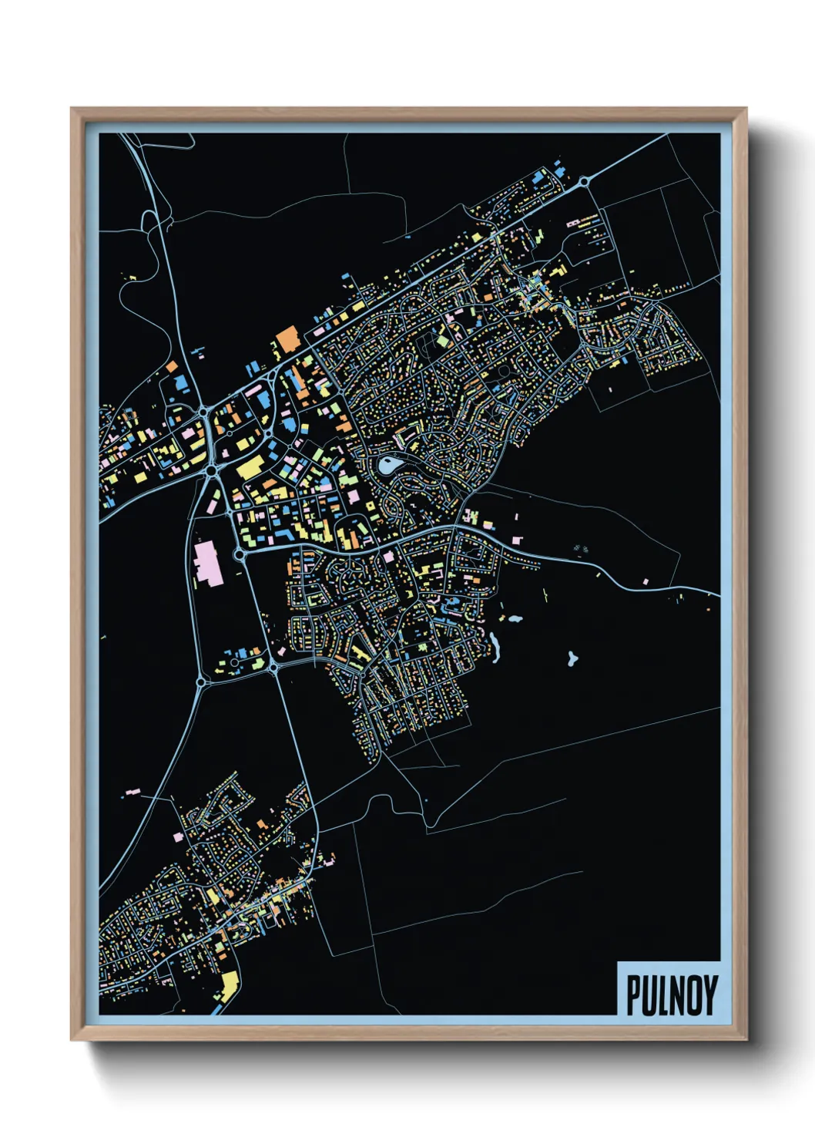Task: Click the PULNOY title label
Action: tap(669, 995)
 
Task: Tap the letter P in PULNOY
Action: tap(632, 995)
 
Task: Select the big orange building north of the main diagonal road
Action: tap(287, 338)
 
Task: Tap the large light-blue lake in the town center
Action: tap(388, 464)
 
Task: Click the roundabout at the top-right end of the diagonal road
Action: tap(585, 182)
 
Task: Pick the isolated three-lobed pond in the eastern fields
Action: tap(572, 658)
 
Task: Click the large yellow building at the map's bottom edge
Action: tap(229, 984)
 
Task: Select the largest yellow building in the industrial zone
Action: tap(250, 467)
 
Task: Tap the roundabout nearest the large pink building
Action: tap(240, 554)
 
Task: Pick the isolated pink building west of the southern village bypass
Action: tap(132, 792)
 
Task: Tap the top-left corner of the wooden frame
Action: tap(72, 109)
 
